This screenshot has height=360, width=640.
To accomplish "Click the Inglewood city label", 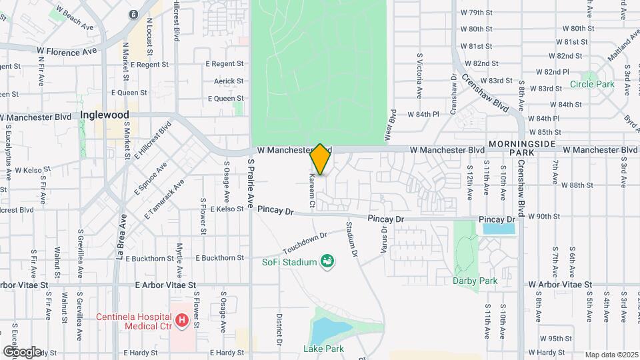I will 104,115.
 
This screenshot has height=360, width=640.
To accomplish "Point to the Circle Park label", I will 592,85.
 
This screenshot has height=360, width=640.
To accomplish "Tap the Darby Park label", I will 475,281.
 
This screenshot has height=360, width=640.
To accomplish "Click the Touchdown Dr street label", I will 305,243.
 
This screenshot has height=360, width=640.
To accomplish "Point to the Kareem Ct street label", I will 311,190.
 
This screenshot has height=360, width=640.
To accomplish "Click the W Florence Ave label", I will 67,51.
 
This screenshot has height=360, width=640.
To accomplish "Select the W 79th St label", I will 476,13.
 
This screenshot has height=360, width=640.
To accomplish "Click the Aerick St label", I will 229,81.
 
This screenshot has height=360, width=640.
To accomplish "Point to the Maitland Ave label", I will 613,50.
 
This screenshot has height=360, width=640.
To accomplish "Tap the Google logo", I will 22,351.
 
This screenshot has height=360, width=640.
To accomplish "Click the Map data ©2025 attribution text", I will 611,355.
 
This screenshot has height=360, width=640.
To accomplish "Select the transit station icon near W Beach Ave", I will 133,14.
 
